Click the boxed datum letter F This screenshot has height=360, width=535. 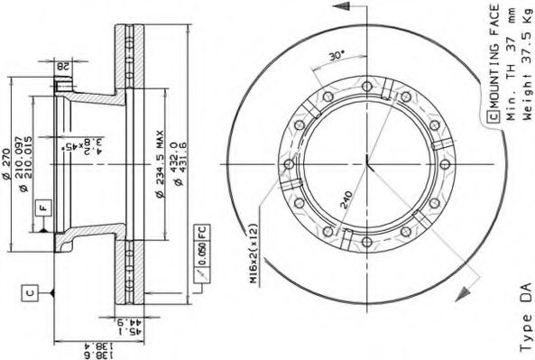[x=42, y=209]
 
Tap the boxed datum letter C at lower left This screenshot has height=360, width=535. [x=30, y=291]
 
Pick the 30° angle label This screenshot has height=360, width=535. [x=336, y=56]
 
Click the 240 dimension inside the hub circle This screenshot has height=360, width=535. [x=346, y=198]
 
